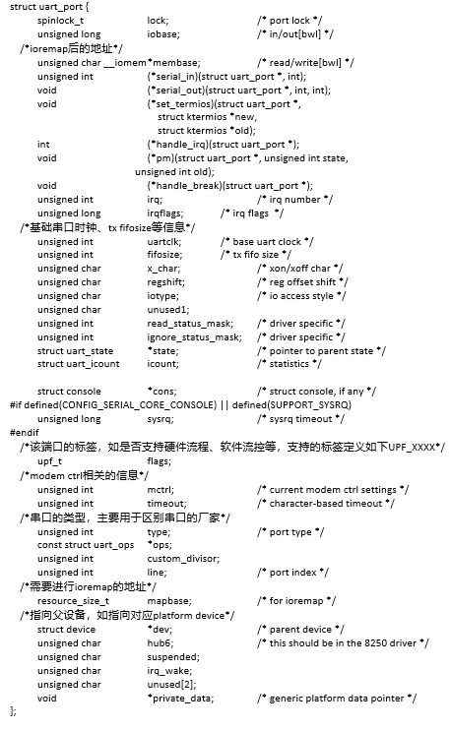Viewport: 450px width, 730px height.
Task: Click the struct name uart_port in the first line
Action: pyautogui.click(x=64, y=7)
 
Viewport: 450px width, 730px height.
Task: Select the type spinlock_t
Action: pyautogui.click(x=60, y=20)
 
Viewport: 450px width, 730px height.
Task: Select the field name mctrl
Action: pyautogui.click(x=161, y=488)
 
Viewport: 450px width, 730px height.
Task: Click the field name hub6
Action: pyautogui.click(x=160, y=641)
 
